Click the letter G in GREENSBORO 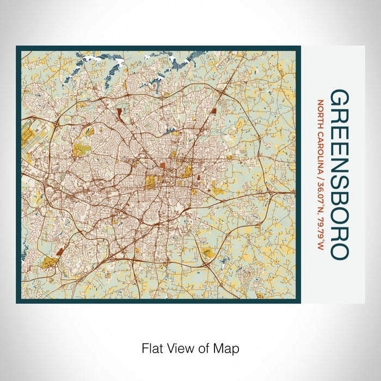click(x=340, y=100)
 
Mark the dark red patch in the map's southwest click(x=60, y=251)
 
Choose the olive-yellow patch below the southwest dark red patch click(x=50, y=263)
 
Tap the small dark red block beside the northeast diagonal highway click(x=213, y=110)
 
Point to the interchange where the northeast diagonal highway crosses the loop click(x=224, y=93)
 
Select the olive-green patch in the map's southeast click(x=207, y=252)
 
